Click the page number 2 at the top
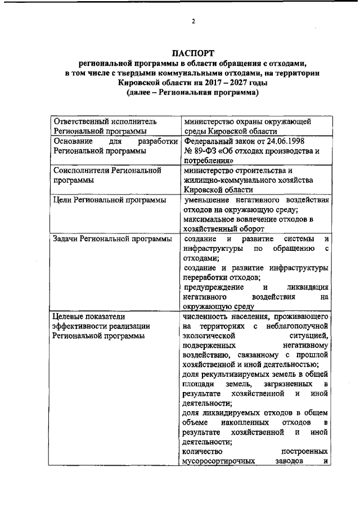point(192,22)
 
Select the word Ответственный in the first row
point(80,121)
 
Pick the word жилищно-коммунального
point(223,180)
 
